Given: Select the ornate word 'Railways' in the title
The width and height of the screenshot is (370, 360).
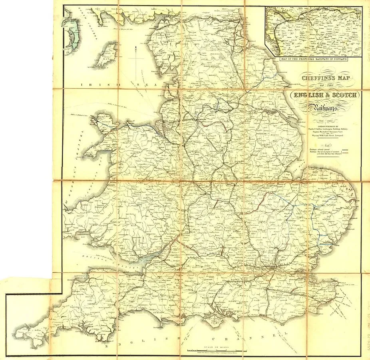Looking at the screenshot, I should click(x=323, y=108).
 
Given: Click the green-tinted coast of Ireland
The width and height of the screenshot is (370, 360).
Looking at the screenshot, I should click(x=72, y=36).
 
